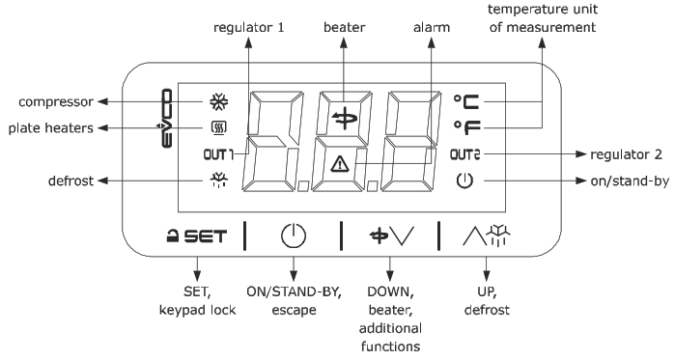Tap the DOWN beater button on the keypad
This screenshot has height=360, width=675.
(x=390, y=234)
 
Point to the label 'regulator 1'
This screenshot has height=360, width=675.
(x=248, y=28)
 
